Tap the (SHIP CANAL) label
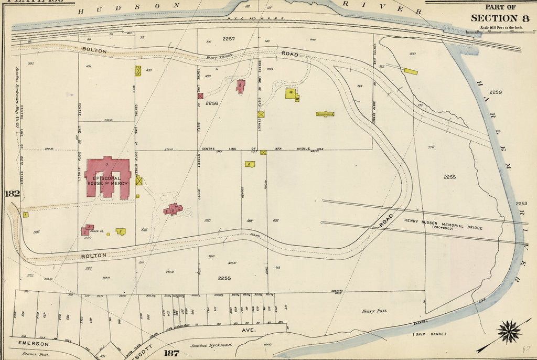(429, 334)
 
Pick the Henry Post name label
(374, 311)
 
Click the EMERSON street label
(33, 344)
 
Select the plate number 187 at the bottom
(171, 353)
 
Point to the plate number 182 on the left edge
(12, 194)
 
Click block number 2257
(229, 39)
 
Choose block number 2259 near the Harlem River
(495, 92)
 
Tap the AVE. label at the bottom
(248, 331)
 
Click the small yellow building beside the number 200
(411, 71)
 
